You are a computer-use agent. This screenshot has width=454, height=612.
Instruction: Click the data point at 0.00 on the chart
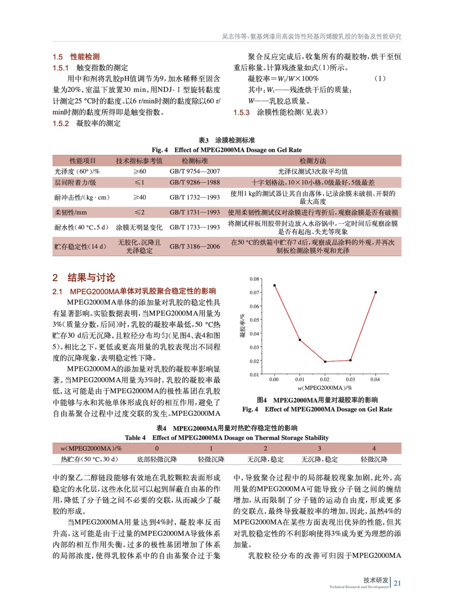274,285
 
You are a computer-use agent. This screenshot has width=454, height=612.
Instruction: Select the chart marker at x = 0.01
299,340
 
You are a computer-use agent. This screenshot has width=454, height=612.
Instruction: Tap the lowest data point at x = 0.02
325,361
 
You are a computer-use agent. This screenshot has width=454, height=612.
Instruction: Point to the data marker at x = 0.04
376,292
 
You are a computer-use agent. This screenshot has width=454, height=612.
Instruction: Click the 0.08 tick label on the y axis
254,279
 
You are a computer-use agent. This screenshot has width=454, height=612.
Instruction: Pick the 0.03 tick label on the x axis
350,379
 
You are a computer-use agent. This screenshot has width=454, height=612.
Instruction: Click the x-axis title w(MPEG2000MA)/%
324,388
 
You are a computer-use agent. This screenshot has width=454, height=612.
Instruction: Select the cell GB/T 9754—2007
195,171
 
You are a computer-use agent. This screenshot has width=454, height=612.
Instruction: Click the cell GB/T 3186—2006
195,246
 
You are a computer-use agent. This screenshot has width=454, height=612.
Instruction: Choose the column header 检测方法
312,161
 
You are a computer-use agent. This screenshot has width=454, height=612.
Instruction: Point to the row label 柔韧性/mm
71,212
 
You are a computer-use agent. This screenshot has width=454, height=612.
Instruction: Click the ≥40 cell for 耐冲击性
139,197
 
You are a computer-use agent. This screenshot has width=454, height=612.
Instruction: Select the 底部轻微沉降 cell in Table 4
157,459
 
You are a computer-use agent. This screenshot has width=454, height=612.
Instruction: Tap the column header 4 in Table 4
374,448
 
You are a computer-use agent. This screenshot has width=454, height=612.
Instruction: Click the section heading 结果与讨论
91,277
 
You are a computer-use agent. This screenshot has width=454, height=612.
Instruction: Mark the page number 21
397,583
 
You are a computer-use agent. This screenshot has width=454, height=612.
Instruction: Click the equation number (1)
379,78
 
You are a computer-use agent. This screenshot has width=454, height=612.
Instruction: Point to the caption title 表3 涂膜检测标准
226,140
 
